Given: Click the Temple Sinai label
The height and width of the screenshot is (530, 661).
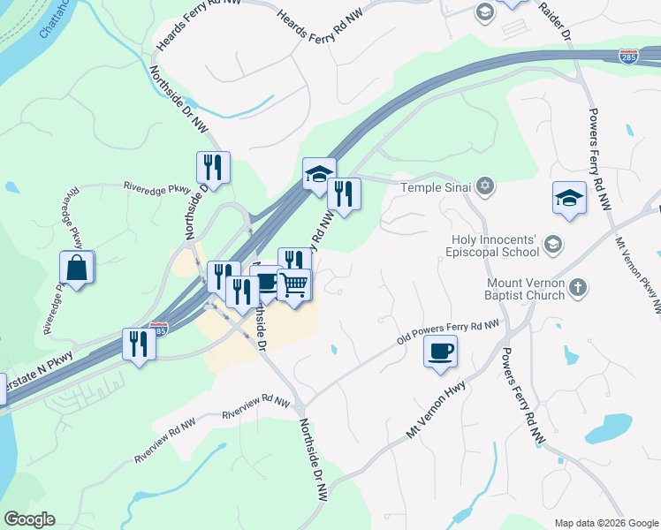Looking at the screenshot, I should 437,187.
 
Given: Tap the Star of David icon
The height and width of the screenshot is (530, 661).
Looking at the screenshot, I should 483,186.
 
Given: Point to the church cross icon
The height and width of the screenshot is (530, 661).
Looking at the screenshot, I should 577,287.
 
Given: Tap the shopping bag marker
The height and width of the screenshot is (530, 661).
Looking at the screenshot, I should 77,268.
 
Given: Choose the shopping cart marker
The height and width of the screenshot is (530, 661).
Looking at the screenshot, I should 294,285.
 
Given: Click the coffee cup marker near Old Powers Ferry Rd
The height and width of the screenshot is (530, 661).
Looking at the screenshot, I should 440,352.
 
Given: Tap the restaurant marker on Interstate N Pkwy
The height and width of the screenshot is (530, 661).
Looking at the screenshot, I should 138,343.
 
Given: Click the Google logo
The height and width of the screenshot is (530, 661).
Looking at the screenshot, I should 29,519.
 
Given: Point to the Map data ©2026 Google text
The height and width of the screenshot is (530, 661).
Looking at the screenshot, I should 606,523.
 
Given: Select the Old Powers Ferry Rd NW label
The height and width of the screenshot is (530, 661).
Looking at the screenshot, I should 448,334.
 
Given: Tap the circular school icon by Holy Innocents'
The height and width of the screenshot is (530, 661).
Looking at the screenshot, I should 553,245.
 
